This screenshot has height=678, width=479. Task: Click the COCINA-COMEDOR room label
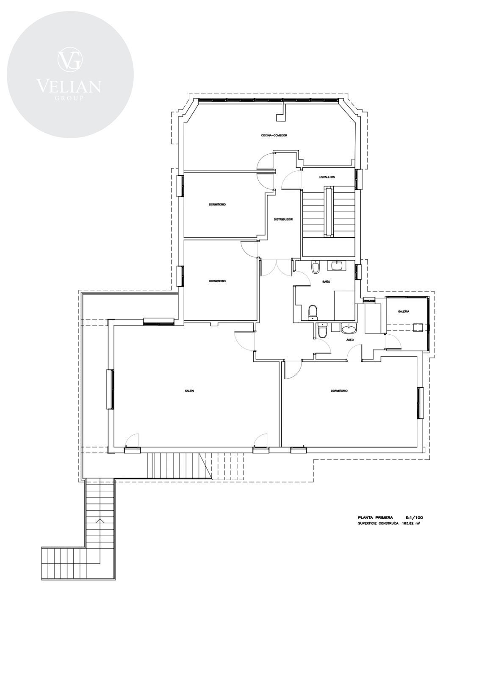(x=274, y=136)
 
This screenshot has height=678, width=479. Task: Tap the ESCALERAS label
(x=327, y=177)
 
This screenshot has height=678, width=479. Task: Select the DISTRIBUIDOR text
(x=283, y=220)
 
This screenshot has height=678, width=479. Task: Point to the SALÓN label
(x=189, y=391)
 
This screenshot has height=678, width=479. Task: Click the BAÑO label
(x=326, y=281)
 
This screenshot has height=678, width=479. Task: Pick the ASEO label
(x=350, y=340)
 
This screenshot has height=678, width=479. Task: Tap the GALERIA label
(x=404, y=311)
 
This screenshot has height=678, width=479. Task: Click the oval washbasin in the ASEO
(x=349, y=328)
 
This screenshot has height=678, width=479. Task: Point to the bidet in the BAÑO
(x=315, y=267)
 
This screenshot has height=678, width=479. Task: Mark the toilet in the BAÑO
(x=312, y=313)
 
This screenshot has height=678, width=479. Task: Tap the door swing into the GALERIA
(x=393, y=342)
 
